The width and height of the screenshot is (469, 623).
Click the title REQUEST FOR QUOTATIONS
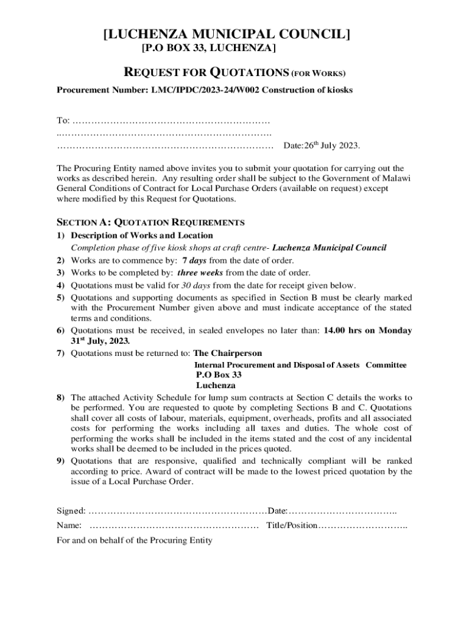click(x=206, y=73)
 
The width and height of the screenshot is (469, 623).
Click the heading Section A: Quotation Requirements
click(x=150, y=222)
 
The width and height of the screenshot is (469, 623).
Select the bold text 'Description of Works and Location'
click(x=142, y=235)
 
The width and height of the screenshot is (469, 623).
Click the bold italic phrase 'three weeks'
click(x=200, y=273)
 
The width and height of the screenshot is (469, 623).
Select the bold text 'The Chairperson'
click(x=227, y=353)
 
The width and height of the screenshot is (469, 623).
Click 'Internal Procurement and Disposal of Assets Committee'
click(x=300, y=365)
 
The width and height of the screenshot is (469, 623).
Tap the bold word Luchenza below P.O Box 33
click(x=216, y=386)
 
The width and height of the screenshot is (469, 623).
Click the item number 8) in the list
click(x=61, y=397)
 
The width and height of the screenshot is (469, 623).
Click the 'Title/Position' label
click(x=292, y=525)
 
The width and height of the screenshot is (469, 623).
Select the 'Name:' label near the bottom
click(x=69, y=525)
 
